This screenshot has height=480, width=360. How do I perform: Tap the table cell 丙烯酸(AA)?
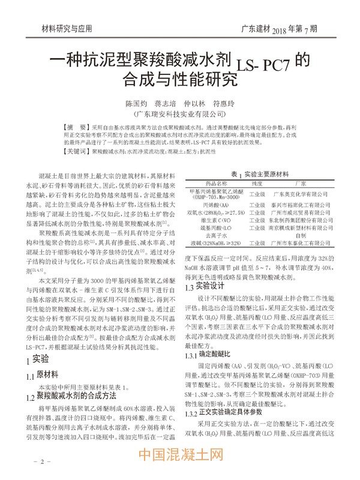click(x=216, y=205)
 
